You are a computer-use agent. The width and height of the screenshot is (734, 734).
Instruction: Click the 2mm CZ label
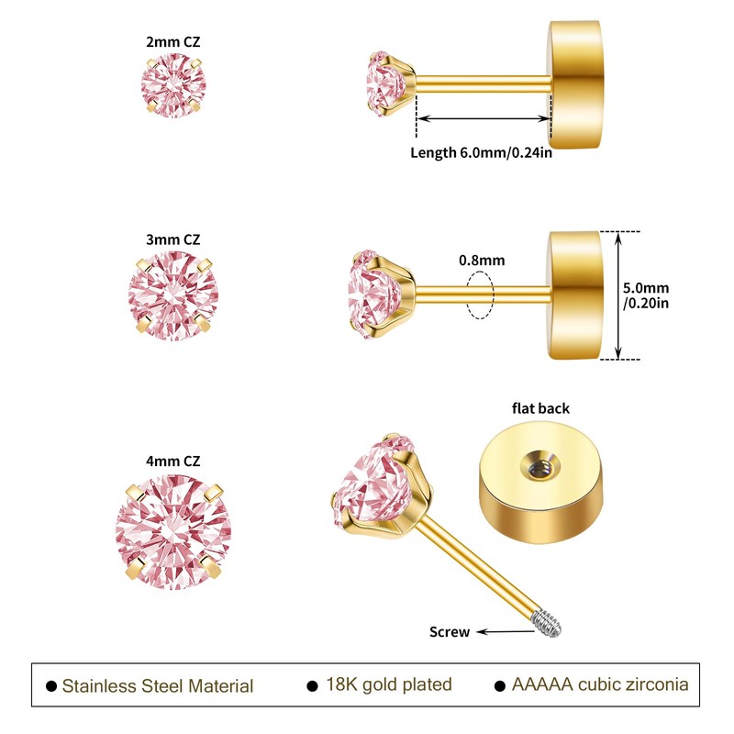pyautogui.click(x=172, y=41)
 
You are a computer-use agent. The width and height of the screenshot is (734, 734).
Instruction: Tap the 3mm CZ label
pyautogui.click(x=172, y=239)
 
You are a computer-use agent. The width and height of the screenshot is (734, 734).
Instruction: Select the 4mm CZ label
pyautogui.click(x=172, y=462)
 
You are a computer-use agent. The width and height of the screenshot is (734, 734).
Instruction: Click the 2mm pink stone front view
pyautogui.click(x=173, y=85)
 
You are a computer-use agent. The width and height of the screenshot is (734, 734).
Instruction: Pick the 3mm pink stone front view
pyautogui.click(x=173, y=295)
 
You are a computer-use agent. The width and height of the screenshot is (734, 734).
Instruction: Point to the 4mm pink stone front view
pyautogui.click(x=173, y=532)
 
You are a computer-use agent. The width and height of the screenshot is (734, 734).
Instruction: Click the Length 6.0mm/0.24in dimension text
pyautogui.click(x=481, y=153)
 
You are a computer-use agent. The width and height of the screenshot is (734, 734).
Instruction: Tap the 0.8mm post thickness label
pyautogui.click(x=482, y=261)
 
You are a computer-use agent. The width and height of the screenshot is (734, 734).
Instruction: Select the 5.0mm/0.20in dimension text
pyautogui.click(x=646, y=295)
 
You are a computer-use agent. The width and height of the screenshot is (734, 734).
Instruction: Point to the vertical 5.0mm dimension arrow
pyautogui.click(x=618, y=295)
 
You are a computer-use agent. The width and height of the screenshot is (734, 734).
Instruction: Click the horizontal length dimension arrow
pyautogui.click(x=484, y=118)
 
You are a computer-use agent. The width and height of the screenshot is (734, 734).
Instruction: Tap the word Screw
pyautogui.click(x=450, y=632)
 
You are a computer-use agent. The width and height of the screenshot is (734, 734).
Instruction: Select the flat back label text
pyautogui.click(x=540, y=408)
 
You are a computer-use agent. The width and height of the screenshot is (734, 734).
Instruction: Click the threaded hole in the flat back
pyautogui.click(x=540, y=466)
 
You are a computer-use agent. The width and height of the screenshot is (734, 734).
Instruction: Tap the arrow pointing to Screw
pyautogui.click(x=506, y=632)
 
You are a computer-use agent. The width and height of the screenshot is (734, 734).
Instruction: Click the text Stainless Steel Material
pyautogui.click(x=158, y=686)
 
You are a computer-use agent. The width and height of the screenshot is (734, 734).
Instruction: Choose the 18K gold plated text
pyautogui.click(x=389, y=684)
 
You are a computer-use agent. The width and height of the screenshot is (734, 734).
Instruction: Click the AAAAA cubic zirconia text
pyautogui.click(x=600, y=684)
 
